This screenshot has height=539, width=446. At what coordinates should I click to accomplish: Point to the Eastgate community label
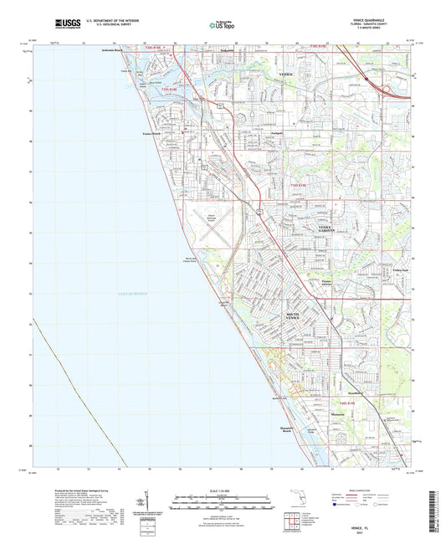coord(254,133)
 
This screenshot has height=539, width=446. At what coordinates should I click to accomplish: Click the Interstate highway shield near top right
coord(366,80)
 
